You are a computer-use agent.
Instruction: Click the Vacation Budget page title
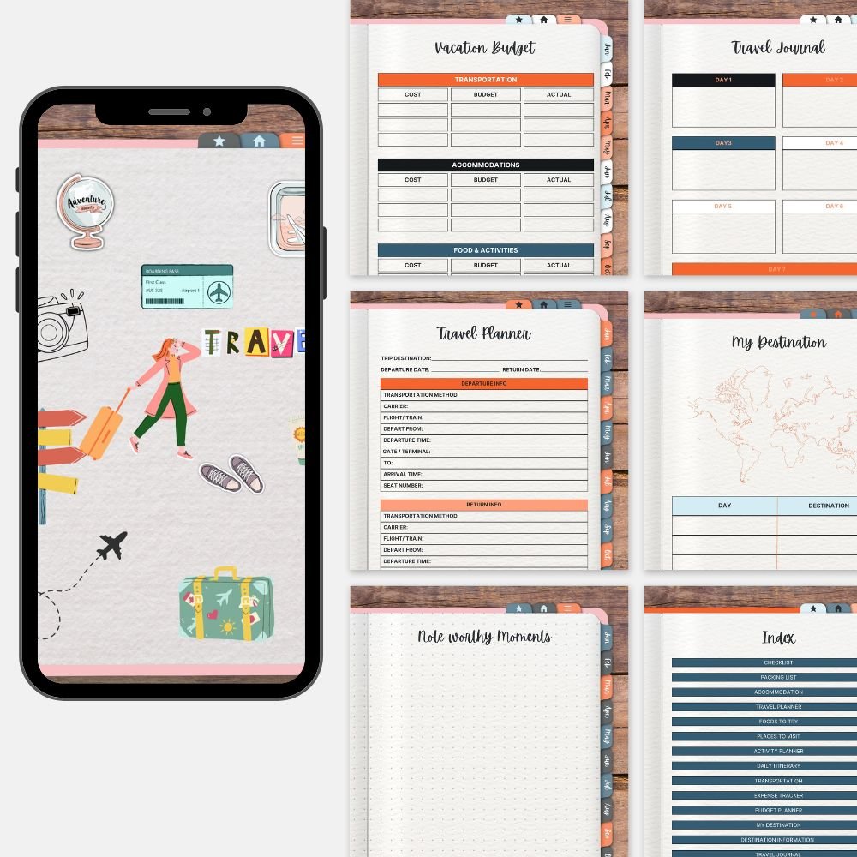click(486, 48)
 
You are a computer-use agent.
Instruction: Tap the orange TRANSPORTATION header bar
click(486, 80)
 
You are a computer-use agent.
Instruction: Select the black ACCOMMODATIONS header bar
click(486, 165)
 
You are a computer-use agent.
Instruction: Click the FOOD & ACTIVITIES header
click(486, 250)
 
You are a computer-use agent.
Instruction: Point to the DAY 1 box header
click(723, 80)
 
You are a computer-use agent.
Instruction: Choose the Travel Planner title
click(483, 333)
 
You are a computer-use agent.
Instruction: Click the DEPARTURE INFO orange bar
click(484, 384)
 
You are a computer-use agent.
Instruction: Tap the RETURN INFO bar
click(484, 505)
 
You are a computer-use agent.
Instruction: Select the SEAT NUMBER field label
click(403, 486)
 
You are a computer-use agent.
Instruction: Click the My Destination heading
click(778, 343)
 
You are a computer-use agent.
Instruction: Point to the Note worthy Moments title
click(484, 637)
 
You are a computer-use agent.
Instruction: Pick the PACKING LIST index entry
click(778, 677)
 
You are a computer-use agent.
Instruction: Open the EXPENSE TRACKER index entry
click(778, 795)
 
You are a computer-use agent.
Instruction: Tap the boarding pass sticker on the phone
click(188, 286)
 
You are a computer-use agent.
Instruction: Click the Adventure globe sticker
click(86, 209)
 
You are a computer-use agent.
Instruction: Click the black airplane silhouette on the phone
click(112, 545)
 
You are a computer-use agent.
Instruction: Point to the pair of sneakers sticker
click(231, 474)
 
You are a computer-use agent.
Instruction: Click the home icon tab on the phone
click(259, 141)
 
